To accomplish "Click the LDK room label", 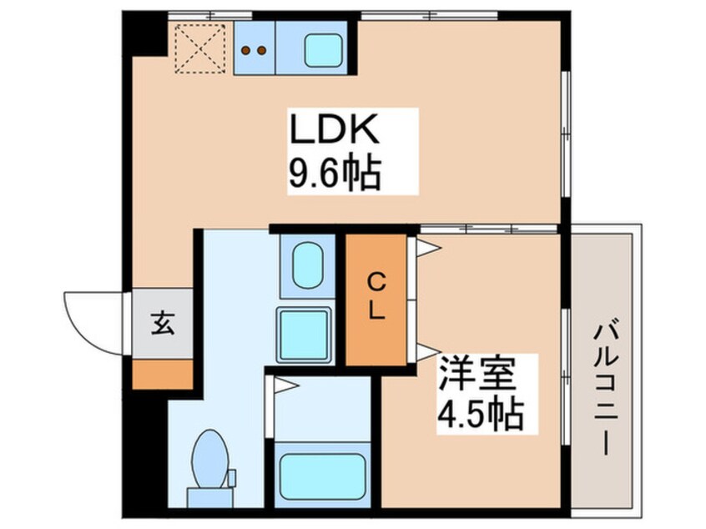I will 335,131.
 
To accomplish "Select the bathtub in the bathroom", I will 321,477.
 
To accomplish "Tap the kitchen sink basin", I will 325,51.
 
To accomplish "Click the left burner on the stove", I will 246,50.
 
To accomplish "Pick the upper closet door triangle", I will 426,248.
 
